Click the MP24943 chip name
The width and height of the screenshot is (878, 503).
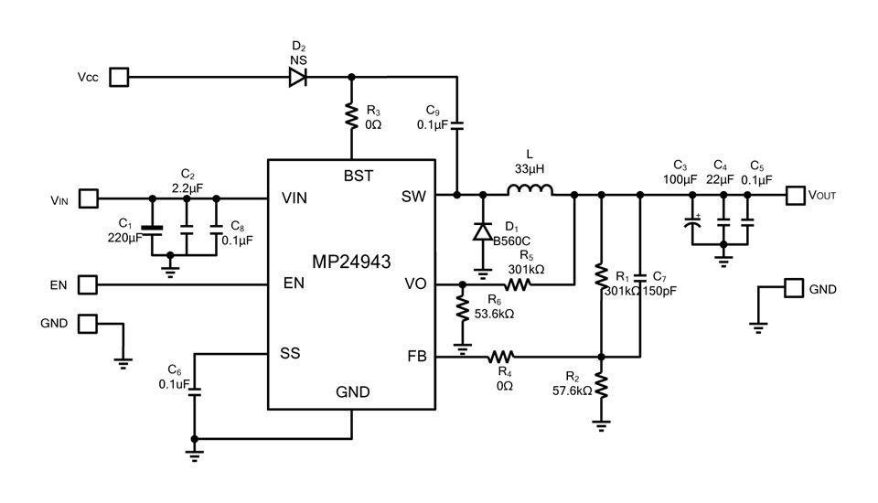(351, 262)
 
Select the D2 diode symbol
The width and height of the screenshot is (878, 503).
(298, 77)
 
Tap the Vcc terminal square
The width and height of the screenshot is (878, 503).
(119, 77)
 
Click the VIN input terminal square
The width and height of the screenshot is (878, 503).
(90, 198)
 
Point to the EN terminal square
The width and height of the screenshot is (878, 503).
(88, 284)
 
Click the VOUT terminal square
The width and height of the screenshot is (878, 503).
(795, 195)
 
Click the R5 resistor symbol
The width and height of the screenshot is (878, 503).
(517, 284)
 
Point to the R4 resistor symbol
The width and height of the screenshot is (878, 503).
(501, 356)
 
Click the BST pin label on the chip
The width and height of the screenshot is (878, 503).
(358, 176)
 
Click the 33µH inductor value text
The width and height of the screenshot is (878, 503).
(530, 169)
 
